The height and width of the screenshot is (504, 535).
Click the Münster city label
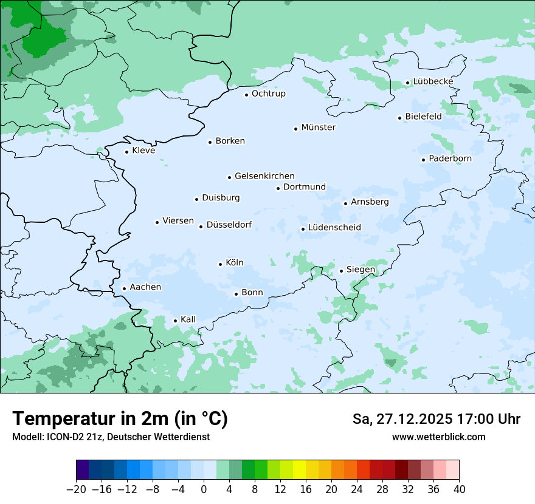point(318,128)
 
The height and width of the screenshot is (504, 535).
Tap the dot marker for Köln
point(220,264)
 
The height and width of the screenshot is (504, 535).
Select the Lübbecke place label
point(433,81)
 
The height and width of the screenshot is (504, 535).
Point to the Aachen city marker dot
point(124,289)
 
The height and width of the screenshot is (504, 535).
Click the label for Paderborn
point(450,158)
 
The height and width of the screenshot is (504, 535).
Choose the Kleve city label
point(143,151)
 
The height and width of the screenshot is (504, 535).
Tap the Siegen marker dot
point(341,271)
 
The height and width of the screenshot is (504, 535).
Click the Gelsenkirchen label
point(264,176)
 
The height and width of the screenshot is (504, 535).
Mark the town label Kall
point(188,319)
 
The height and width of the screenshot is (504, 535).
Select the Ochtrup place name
point(268,94)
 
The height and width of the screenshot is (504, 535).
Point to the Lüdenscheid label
point(334,228)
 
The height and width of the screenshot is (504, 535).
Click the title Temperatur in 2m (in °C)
point(120,419)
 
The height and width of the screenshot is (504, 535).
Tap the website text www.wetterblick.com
point(438,437)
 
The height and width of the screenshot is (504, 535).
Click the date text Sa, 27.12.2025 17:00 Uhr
point(436,419)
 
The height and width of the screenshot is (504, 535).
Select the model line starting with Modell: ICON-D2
point(111,437)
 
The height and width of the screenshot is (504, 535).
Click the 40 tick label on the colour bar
point(459,489)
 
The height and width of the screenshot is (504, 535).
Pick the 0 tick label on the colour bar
point(204,489)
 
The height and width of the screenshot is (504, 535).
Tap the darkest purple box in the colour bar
point(83,470)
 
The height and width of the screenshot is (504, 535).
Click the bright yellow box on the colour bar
point(299,470)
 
